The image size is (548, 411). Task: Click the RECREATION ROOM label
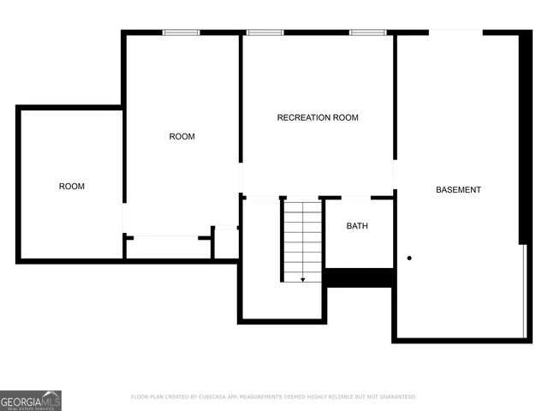[318, 117]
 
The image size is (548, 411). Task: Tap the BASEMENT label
[458, 190]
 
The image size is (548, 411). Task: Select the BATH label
[357, 226]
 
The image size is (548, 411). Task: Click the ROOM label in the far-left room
[71, 186]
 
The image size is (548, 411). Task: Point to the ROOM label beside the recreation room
[182, 136]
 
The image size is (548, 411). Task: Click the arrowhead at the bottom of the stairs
[302, 278]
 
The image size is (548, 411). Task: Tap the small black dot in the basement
[409, 258]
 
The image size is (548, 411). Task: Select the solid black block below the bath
[359, 277]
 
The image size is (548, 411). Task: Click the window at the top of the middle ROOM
[182, 33]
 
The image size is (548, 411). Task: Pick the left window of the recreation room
[265, 33]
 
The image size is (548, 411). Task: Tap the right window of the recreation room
[367, 33]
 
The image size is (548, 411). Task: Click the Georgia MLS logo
[31, 400]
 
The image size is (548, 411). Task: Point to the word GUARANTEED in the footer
[396, 397]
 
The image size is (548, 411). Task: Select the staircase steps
[302, 240]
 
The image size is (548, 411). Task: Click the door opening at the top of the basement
[456, 33]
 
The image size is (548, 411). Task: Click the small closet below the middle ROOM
[168, 247]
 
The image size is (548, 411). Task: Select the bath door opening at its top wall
[355, 198]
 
